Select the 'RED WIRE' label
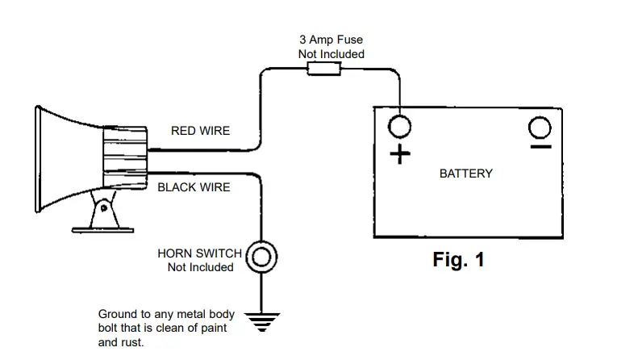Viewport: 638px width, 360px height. (200, 130)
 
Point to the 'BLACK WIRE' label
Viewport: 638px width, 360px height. (194, 187)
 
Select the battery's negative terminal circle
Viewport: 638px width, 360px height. (540, 127)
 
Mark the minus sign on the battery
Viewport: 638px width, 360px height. (540, 147)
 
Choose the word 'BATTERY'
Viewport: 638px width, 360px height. (465, 174)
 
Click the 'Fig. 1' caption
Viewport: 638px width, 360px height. (458, 260)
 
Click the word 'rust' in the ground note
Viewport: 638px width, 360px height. (131, 342)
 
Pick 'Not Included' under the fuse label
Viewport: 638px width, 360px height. (331, 54)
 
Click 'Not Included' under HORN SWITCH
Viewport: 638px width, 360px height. (200, 267)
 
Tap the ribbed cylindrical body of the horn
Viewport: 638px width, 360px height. (123, 158)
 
